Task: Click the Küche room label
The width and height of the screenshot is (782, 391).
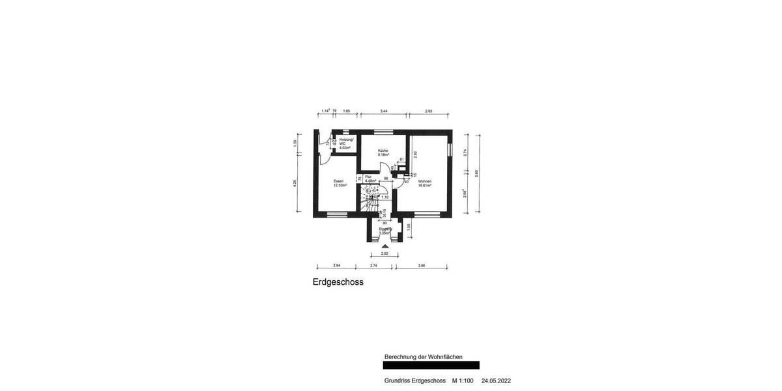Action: coord(383,151)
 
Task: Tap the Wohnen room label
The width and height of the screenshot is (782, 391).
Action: coord(425,181)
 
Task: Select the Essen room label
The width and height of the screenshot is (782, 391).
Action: coord(338,181)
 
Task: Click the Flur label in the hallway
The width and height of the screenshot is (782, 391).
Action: coord(368,177)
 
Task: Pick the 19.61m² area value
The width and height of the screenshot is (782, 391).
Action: coord(425,186)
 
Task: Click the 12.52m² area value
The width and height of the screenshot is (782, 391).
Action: coord(340,185)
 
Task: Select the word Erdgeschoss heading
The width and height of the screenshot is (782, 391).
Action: coord(338,282)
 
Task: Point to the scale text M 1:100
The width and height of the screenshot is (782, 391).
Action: coord(463,381)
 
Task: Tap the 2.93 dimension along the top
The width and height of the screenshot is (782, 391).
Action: coord(428,111)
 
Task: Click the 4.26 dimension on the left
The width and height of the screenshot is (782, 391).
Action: coord(295,183)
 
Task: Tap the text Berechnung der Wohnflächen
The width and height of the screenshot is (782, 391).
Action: coord(424,356)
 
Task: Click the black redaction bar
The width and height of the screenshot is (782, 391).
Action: coord(431,366)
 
